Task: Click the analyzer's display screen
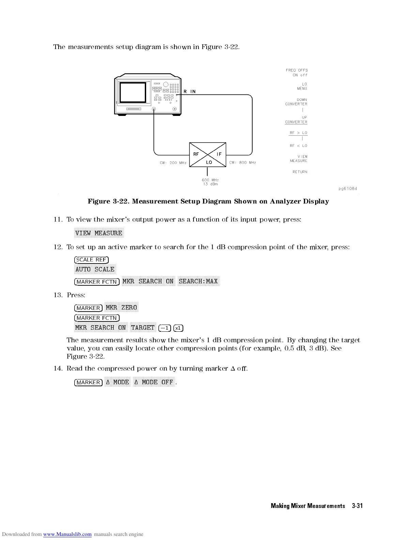coord(133,92)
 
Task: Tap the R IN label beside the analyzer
coord(190,91)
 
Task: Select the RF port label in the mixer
coord(196,154)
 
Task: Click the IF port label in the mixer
coord(219,154)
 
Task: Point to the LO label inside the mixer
coord(209,162)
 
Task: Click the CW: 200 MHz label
coord(173,163)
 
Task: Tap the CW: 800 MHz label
coord(243,163)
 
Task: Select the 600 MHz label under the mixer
coord(210,180)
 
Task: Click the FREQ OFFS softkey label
coord(296,70)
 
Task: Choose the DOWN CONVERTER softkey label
coord(296,102)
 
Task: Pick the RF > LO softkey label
coord(298,133)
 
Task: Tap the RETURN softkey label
coord(300,172)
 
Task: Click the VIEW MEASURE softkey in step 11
coord(99,233)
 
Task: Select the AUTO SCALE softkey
coord(95,269)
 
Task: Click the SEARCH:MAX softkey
coord(198,281)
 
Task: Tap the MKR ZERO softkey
coord(121,307)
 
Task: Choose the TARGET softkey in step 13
coord(143,328)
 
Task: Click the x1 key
coord(178,328)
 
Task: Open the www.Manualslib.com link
coord(67,534)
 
